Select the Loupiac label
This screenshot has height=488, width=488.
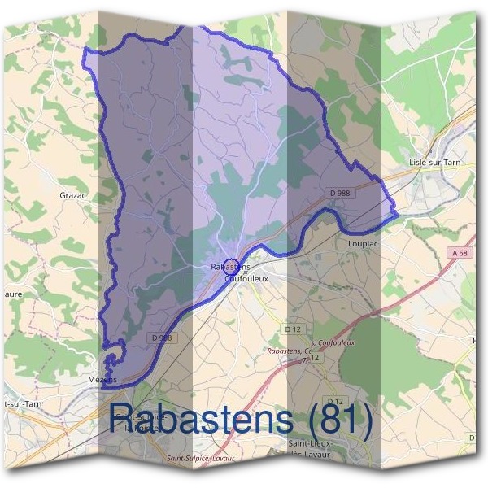coord(363,242)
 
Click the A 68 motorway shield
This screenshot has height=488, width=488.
coord(460,254)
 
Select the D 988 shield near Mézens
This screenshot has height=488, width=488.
coord(161,337)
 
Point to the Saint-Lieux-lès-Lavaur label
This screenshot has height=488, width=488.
coord(313,448)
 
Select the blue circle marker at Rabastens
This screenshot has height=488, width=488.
coord(229,266)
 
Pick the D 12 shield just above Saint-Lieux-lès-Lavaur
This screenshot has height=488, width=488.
coord(333,403)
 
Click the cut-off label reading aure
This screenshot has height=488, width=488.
coord(11,294)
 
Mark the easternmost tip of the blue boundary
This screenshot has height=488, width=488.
coord(396,216)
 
